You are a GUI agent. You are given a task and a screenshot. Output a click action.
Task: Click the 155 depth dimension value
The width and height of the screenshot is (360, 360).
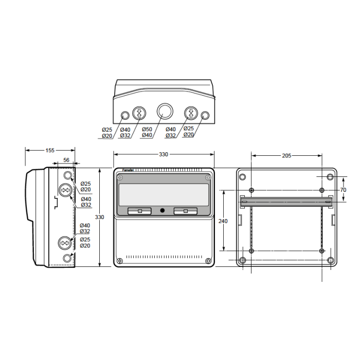point(50,150)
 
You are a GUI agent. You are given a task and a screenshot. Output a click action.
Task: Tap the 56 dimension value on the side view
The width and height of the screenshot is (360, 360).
point(66,160)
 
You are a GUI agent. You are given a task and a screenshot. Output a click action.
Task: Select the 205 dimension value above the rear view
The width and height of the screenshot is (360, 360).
point(286,156)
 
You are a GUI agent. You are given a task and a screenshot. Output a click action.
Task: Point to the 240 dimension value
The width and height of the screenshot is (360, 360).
point(223,221)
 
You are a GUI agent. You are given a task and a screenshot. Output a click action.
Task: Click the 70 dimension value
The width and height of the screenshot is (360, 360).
point(343,190)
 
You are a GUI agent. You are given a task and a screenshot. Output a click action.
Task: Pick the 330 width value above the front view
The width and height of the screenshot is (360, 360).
point(164,154)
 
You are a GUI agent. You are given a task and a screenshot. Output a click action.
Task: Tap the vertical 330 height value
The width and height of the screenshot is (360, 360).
point(99,217)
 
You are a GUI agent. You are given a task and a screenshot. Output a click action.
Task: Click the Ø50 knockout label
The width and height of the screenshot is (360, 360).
point(147,129)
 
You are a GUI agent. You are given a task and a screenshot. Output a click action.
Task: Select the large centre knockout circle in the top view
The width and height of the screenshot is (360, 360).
point(165,111)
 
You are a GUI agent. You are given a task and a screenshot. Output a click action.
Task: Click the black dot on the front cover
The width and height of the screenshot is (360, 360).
point(163,210)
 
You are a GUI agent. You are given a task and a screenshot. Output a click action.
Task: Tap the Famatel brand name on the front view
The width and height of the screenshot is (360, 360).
point(128,170)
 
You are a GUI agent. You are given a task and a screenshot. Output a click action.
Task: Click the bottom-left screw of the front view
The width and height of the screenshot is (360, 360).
point(120,261)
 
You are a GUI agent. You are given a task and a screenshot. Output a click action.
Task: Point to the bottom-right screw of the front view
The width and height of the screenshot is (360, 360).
point(208,261)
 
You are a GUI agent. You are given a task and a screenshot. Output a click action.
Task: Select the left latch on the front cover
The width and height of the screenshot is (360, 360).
point(139,211)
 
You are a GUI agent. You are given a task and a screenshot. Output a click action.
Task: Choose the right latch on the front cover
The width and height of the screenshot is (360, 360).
point(186,211)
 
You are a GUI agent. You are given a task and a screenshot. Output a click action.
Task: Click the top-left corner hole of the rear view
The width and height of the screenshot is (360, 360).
point(242,177)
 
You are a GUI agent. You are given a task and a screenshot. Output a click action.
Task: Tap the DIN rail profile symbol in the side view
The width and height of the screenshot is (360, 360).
point(56,203)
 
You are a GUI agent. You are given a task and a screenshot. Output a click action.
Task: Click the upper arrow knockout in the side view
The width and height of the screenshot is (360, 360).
point(66,190)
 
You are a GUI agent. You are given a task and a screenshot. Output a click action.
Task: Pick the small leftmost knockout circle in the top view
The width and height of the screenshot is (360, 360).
point(125,115)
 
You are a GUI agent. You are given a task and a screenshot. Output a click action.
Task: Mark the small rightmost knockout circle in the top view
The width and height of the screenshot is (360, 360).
point(205,115)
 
